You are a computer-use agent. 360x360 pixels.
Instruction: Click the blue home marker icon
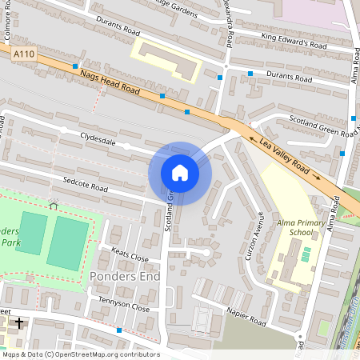(x=180, y=173)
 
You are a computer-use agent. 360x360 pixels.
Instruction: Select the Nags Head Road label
(x=111, y=83)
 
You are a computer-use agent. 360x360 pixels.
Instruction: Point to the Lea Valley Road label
(x=285, y=155)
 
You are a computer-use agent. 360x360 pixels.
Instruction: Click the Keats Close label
(x=130, y=258)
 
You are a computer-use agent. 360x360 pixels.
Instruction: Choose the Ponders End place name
(x=125, y=277)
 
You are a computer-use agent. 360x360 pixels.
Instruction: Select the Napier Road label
(x=245, y=316)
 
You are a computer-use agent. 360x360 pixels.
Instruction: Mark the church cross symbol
(x=19, y=323)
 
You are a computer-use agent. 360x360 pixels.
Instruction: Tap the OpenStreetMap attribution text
(x=80, y=354)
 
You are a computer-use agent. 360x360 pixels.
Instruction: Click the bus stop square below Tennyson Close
(x=119, y=330)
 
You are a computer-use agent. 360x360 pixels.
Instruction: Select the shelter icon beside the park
(x=54, y=206)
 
